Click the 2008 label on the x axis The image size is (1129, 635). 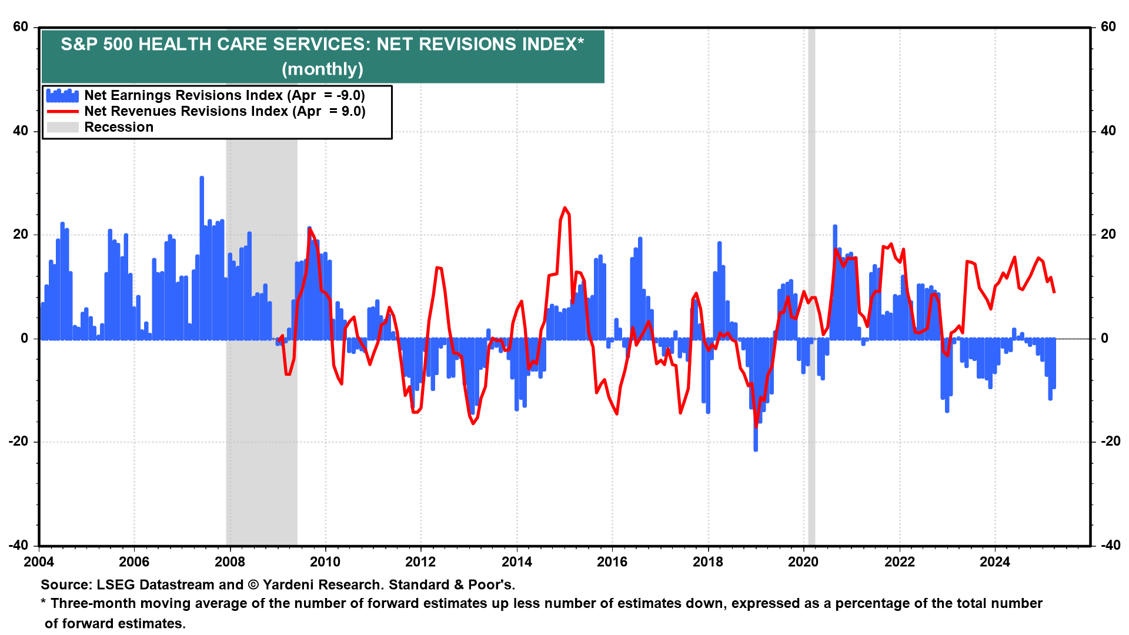pos(229,562)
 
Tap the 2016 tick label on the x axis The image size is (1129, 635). pos(612,562)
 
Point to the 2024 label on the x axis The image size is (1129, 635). pos(994,562)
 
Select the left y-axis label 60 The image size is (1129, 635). pos(21,27)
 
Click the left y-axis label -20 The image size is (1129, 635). pos(18,442)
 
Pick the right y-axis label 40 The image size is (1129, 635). pos(1108,131)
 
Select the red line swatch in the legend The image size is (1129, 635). pos(62,111)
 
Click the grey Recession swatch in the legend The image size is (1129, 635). pos(62,127)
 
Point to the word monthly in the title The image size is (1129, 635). pos(322,69)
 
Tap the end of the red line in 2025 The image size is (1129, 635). pos(1054,292)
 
